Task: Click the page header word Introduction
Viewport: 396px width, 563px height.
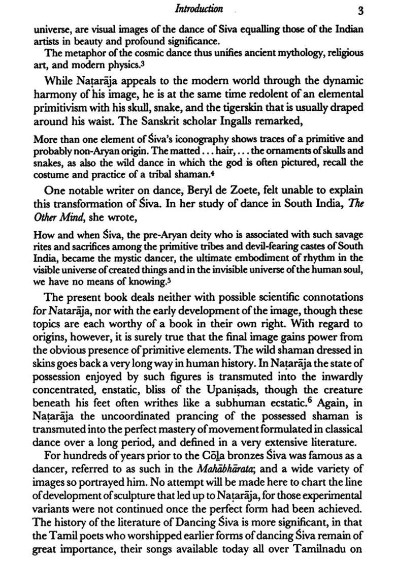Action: [198, 9]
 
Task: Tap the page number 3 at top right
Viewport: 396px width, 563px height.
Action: [359, 10]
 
